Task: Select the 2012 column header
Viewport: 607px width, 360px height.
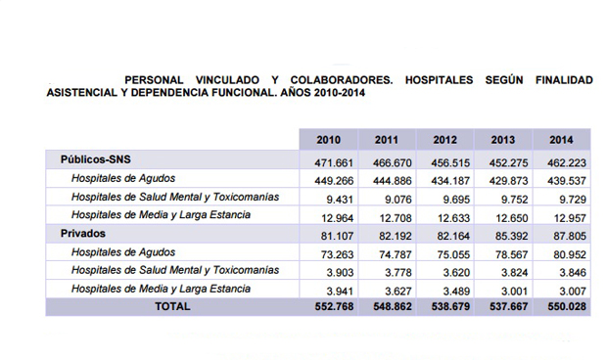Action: pos(445,140)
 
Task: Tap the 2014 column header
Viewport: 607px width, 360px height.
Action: pos(562,140)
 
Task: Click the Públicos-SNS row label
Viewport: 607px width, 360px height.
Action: pos(95,158)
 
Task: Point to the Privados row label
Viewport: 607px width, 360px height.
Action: pos(83,234)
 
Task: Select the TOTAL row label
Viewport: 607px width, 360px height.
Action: pos(171,306)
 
